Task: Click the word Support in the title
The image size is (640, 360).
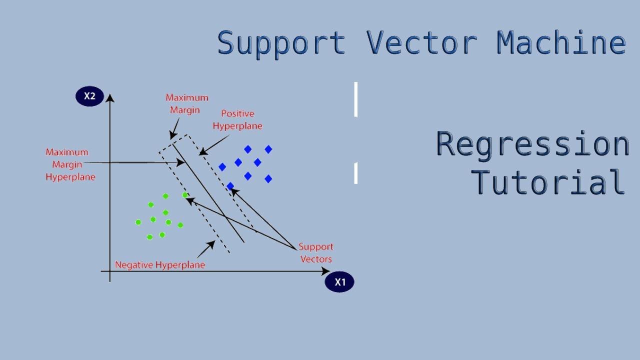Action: coord(281,43)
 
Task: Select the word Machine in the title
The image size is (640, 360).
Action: coord(560,43)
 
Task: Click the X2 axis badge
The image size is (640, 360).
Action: coord(89,96)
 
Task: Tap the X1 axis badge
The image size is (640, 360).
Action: coord(339,282)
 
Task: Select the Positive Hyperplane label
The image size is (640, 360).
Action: coord(237,120)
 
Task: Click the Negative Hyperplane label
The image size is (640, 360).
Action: coord(160,265)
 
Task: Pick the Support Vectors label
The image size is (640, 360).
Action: coord(315,252)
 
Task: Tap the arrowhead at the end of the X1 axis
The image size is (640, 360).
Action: coord(326,271)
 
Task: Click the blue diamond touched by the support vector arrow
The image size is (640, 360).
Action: coord(230,186)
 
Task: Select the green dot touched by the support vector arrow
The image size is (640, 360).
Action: coord(185,195)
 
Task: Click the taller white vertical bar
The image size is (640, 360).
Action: coord(356,99)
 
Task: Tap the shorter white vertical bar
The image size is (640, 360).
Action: coord(356,173)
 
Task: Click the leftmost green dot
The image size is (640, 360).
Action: coord(138,222)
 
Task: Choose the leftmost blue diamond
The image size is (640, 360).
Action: coord(222,167)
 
